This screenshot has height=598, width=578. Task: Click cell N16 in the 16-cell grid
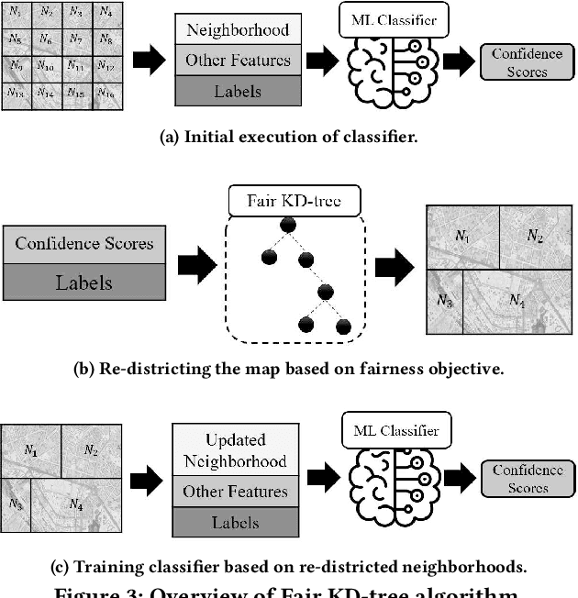[105, 94]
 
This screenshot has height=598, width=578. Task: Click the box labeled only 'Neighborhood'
[238, 29]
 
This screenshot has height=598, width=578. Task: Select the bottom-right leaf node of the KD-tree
[344, 327]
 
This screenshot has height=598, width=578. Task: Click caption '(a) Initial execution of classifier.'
[288, 138]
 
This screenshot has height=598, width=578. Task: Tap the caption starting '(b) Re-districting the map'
[288, 371]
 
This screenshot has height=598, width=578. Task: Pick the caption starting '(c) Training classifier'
[288, 566]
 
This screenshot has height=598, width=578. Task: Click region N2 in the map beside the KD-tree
[534, 237]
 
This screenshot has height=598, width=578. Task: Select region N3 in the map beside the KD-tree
[444, 301]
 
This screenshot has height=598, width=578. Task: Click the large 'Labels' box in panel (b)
[83, 282]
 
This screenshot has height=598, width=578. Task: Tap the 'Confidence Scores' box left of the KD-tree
[83, 245]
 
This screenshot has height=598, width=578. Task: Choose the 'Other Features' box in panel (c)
[234, 491]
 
